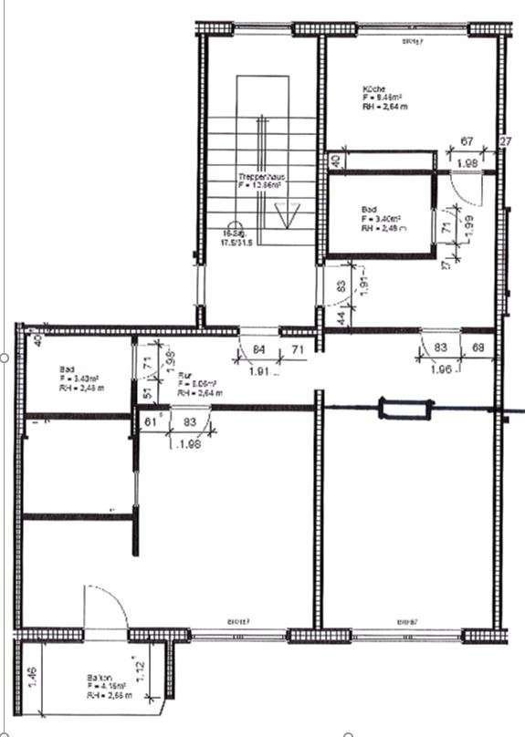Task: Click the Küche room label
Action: pyautogui.click(x=372, y=88)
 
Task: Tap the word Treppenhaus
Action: pyautogui.click(x=257, y=175)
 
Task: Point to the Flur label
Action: pyautogui.click(x=184, y=374)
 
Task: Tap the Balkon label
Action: pyautogui.click(x=99, y=678)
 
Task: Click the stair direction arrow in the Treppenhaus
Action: pyautogui.click(x=286, y=216)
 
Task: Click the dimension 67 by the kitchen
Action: pyautogui.click(x=466, y=141)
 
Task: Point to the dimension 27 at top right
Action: pyautogui.click(x=505, y=141)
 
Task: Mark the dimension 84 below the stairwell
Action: pyautogui.click(x=259, y=348)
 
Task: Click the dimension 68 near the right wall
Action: pyautogui.click(x=478, y=348)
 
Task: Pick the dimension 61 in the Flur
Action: pyautogui.click(x=151, y=420)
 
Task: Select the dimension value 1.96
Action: pyautogui.click(x=443, y=370)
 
